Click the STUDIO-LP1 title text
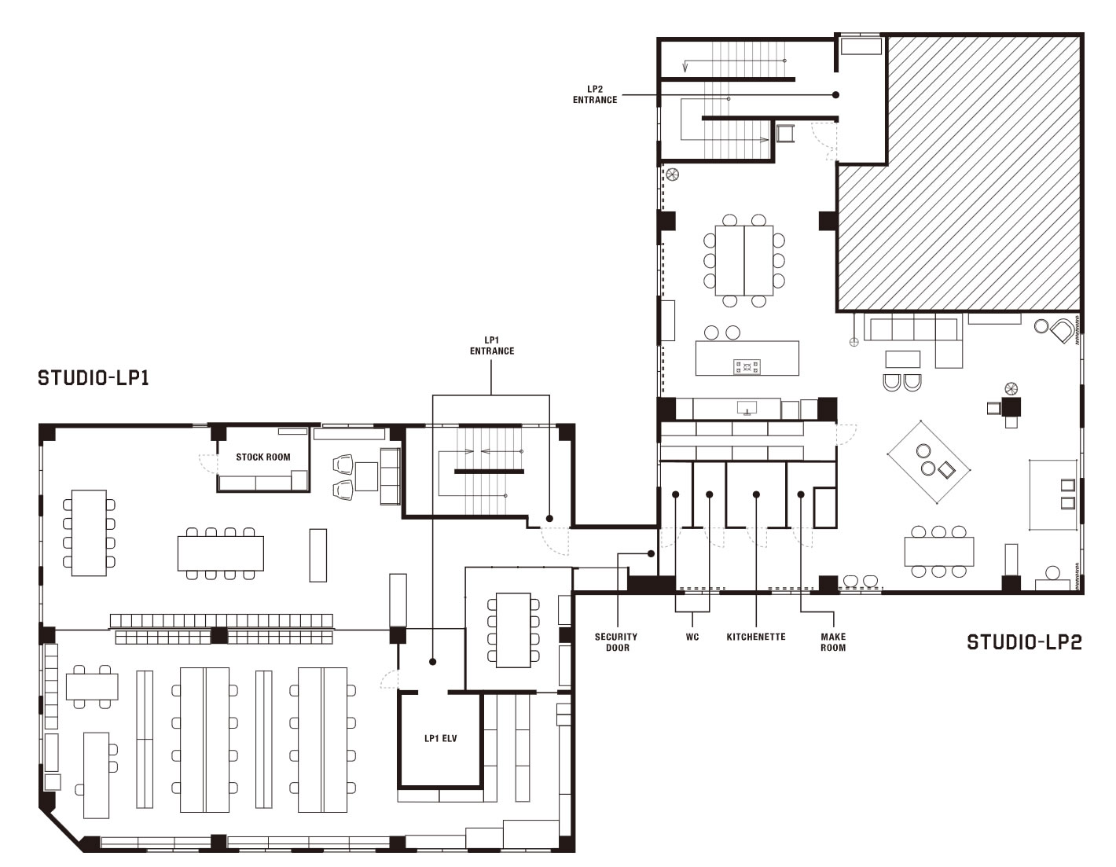(x=94, y=378)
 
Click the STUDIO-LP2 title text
(x=1025, y=642)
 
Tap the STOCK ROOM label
(x=263, y=457)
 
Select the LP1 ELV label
(x=441, y=739)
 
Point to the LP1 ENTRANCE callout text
(x=492, y=346)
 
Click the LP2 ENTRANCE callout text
(x=595, y=94)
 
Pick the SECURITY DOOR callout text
(x=616, y=642)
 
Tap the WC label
(x=692, y=637)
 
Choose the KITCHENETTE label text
(x=756, y=637)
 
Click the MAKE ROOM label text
(x=833, y=642)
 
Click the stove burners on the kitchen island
(x=747, y=367)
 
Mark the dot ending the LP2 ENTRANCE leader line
(x=835, y=95)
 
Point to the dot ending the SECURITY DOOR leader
(x=651, y=553)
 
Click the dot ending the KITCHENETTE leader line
(x=756, y=494)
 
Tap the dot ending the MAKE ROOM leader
(x=801, y=494)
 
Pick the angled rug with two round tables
(x=929, y=462)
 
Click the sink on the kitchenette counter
(x=746, y=408)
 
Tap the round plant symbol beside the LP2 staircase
(x=672, y=175)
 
